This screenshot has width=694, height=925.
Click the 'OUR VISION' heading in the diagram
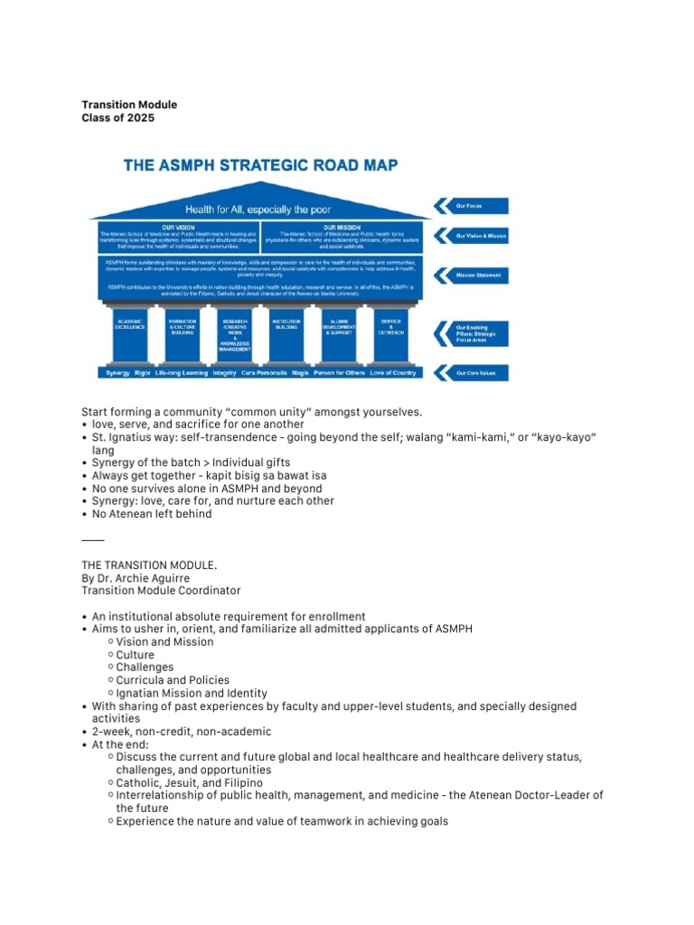click(178, 228)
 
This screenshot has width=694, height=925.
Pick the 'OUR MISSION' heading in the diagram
click(342, 228)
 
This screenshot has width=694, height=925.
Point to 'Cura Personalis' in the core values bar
click(264, 372)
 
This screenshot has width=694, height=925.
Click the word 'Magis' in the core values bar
click(302, 372)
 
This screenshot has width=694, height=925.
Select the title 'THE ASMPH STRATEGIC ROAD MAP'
click(260, 166)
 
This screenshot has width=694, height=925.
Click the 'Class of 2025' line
click(118, 118)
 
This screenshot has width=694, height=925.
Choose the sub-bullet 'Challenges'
click(147, 668)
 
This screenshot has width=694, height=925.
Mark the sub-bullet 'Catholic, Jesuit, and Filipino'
click(189, 782)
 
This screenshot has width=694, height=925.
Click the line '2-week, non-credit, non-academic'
click(182, 732)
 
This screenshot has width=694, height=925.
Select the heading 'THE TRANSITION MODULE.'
click(149, 565)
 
